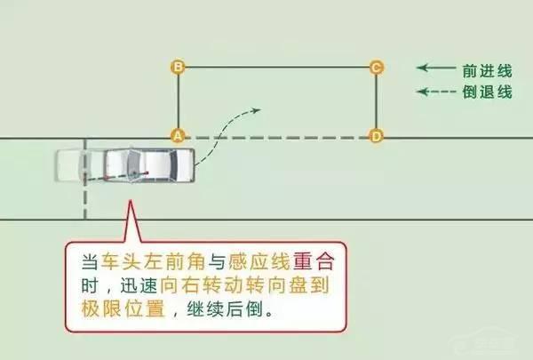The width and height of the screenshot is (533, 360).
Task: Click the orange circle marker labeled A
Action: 178,136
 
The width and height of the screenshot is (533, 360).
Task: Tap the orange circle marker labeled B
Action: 178,67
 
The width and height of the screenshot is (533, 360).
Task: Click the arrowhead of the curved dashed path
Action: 256,111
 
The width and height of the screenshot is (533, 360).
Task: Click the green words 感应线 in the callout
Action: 249,262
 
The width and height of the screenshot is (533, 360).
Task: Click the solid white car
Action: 151,164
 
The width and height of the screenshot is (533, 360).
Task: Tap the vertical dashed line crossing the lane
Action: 85,196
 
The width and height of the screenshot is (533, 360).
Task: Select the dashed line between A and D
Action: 275,137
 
